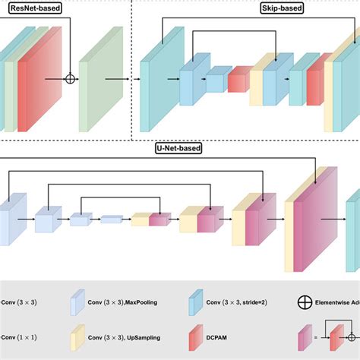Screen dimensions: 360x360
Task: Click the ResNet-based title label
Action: pyautogui.click(x=37, y=10)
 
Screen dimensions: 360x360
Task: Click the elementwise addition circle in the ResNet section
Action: pyautogui.click(x=71, y=78)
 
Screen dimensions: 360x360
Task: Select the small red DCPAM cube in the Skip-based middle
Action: pyautogui.click(x=238, y=80)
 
